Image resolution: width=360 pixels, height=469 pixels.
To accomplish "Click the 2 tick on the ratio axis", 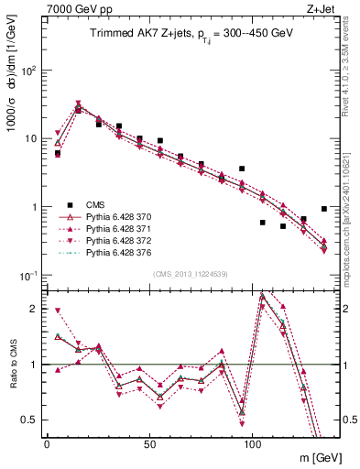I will pos(35,309).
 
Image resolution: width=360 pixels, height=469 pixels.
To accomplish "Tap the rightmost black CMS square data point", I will pos(324,209).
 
